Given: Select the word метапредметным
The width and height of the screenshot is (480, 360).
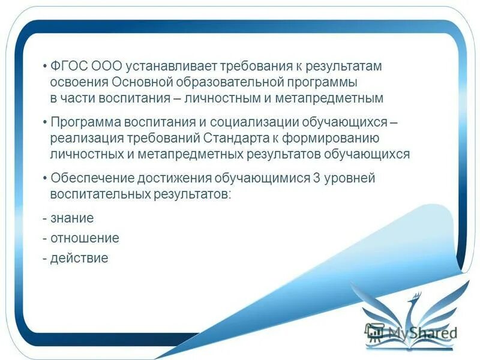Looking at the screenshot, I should tap(338, 97).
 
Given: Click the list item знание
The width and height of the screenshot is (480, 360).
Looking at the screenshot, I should tap(71, 218).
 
